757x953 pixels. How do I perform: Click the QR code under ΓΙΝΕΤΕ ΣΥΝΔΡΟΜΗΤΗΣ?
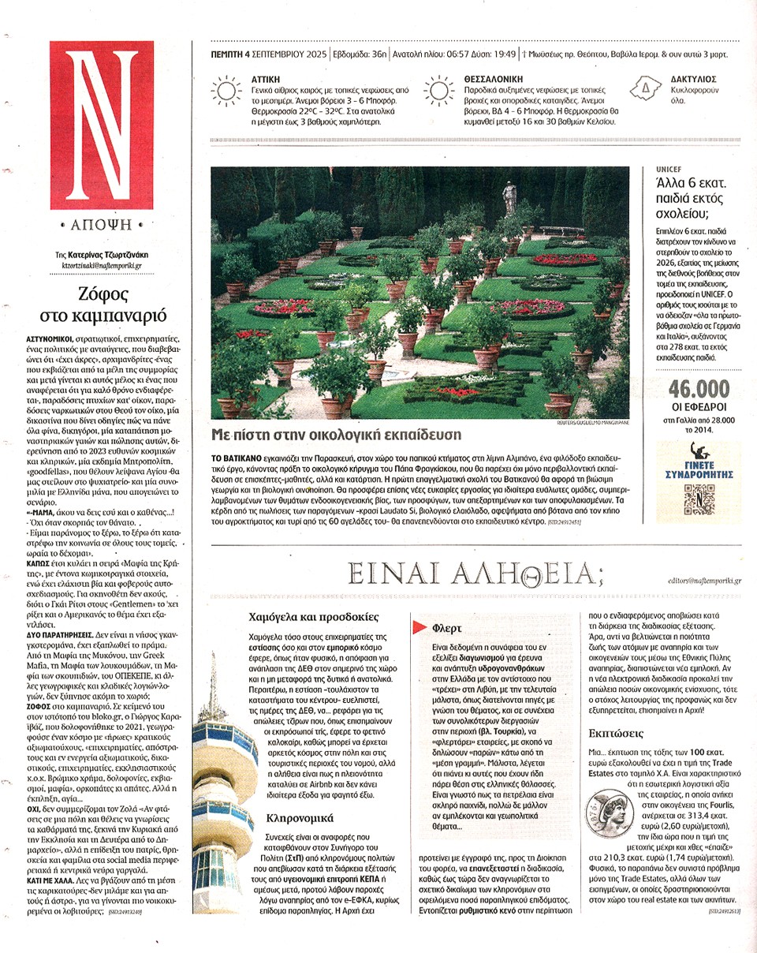point(693,499)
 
